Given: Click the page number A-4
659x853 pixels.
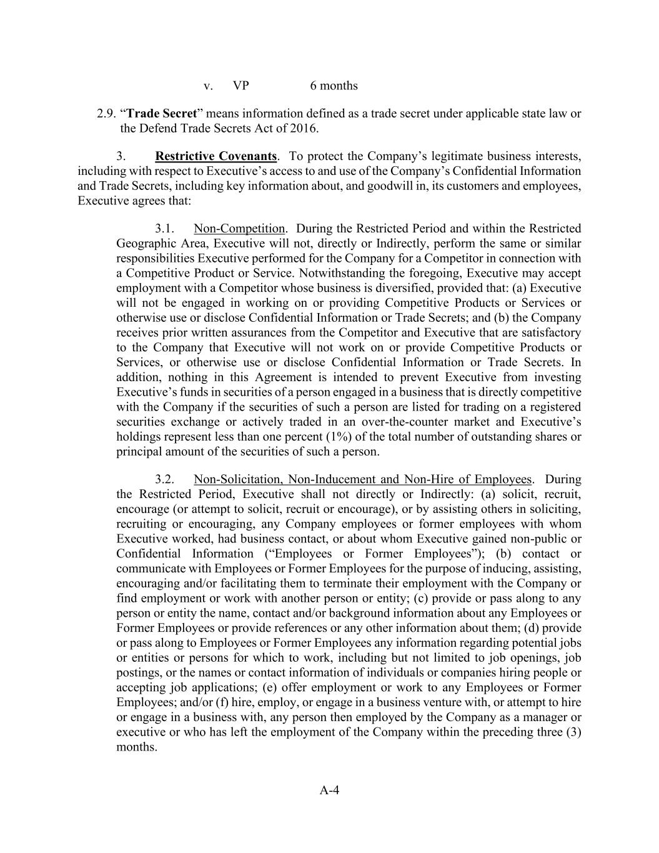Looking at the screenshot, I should [329, 791].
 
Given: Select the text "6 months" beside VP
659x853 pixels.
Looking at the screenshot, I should [334, 86].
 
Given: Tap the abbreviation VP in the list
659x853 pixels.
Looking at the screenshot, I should [241, 86].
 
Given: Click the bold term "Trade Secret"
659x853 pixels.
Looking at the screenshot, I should [162, 114].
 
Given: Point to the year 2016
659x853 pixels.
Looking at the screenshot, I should [304, 129].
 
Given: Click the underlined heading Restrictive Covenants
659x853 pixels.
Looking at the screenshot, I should [216, 156].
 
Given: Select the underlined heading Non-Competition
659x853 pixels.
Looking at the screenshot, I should [239, 228].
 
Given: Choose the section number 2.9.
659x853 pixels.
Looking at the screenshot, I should [106, 114].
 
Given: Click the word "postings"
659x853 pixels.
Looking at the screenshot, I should [138, 673].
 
